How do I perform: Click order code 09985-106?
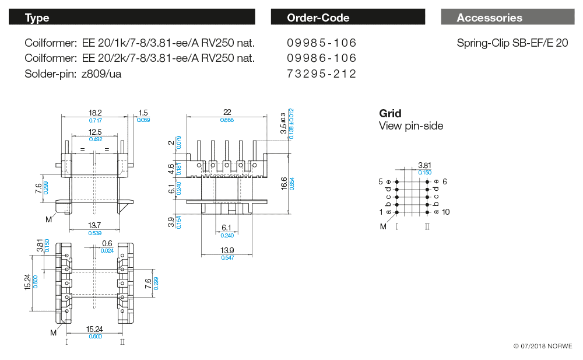322,43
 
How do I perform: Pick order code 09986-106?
322,58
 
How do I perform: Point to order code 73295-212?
322,74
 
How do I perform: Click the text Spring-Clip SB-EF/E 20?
512,43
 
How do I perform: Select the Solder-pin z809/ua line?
73,74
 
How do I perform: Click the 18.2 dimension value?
95,113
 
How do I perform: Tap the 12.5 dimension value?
95,132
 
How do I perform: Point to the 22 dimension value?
227,112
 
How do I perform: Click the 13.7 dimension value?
94,225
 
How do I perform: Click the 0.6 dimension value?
107,243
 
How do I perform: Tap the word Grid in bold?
390,114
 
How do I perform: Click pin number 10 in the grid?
446,212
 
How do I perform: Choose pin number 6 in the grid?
444,182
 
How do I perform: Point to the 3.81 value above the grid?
425,165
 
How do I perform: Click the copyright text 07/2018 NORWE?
543,346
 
